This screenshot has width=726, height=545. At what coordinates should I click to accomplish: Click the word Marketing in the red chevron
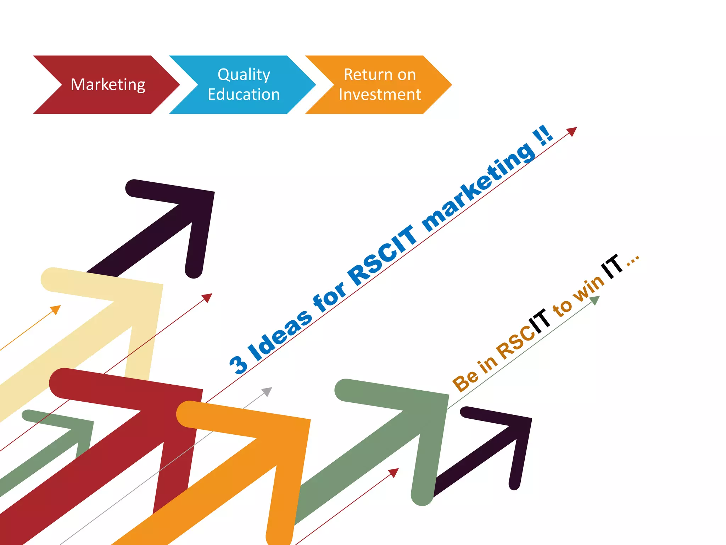108,85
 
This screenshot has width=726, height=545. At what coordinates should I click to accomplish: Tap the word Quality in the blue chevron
244,75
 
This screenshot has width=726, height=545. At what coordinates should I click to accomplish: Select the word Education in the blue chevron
244,95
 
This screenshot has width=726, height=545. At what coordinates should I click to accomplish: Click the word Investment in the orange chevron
380,95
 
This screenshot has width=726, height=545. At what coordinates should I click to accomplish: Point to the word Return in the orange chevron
362,75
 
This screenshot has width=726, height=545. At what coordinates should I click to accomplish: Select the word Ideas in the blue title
280,335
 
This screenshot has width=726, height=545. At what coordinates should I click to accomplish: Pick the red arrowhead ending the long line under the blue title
572,131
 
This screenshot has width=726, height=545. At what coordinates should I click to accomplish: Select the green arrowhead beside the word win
595,300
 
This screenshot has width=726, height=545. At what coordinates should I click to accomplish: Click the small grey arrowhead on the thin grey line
267,391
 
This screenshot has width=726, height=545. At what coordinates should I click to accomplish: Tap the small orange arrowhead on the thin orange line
56,309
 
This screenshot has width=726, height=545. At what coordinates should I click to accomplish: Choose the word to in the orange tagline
562,307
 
